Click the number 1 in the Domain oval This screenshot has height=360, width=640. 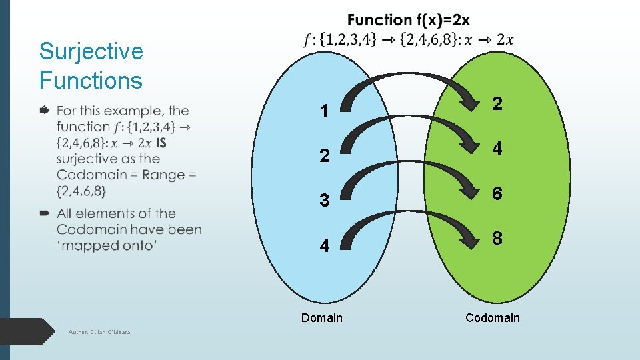[x=324, y=111]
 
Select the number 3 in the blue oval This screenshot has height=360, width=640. [x=324, y=201]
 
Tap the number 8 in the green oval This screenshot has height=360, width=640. [x=497, y=239]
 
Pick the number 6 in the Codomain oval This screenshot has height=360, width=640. [x=497, y=193]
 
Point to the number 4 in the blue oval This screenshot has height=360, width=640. [x=324, y=246]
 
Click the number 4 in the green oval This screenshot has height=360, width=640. [x=497, y=149]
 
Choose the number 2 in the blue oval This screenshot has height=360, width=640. [x=324, y=156]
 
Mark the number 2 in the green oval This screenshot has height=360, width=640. [x=497, y=103]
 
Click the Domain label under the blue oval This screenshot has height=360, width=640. [x=321, y=318]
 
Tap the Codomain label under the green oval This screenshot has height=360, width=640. [x=493, y=318]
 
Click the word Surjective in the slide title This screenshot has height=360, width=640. [x=91, y=51]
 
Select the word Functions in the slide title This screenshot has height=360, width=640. [x=91, y=81]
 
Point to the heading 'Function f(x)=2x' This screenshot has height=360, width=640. [x=408, y=21]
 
